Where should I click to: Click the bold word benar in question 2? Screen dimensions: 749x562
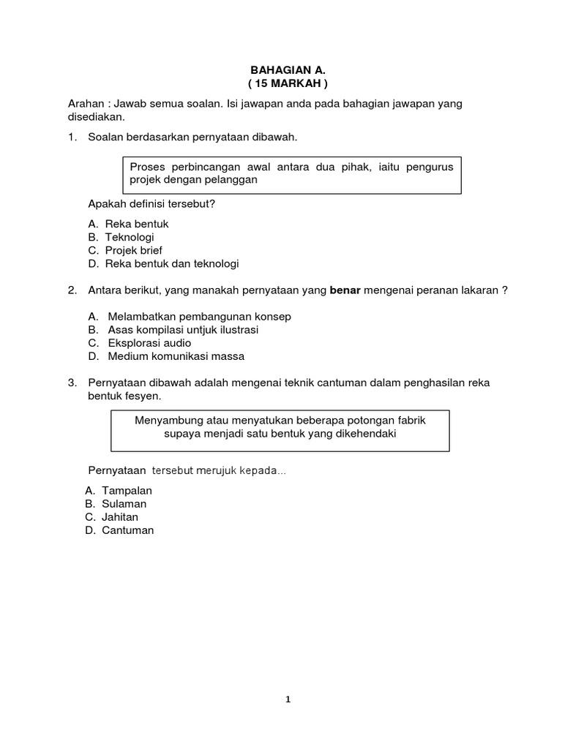(345, 290)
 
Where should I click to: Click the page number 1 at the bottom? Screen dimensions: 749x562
(288, 699)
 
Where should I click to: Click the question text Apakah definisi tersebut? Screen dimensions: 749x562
(151, 203)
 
